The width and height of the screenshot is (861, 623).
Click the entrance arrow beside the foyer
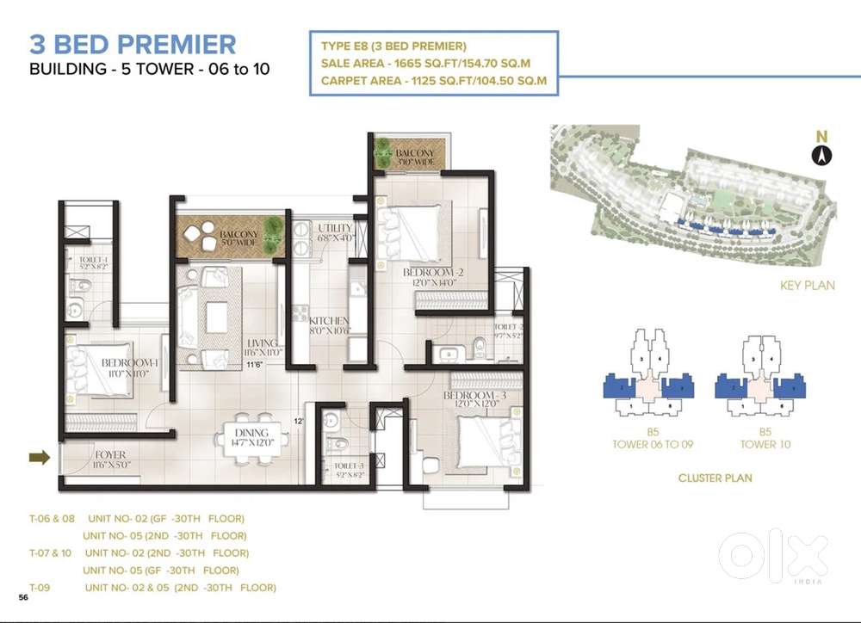click(39, 458)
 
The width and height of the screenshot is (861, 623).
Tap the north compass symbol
click(821, 154)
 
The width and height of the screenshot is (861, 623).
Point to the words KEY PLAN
click(807, 286)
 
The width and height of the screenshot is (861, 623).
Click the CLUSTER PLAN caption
click(715, 478)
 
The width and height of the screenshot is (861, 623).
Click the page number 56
click(25, 595)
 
